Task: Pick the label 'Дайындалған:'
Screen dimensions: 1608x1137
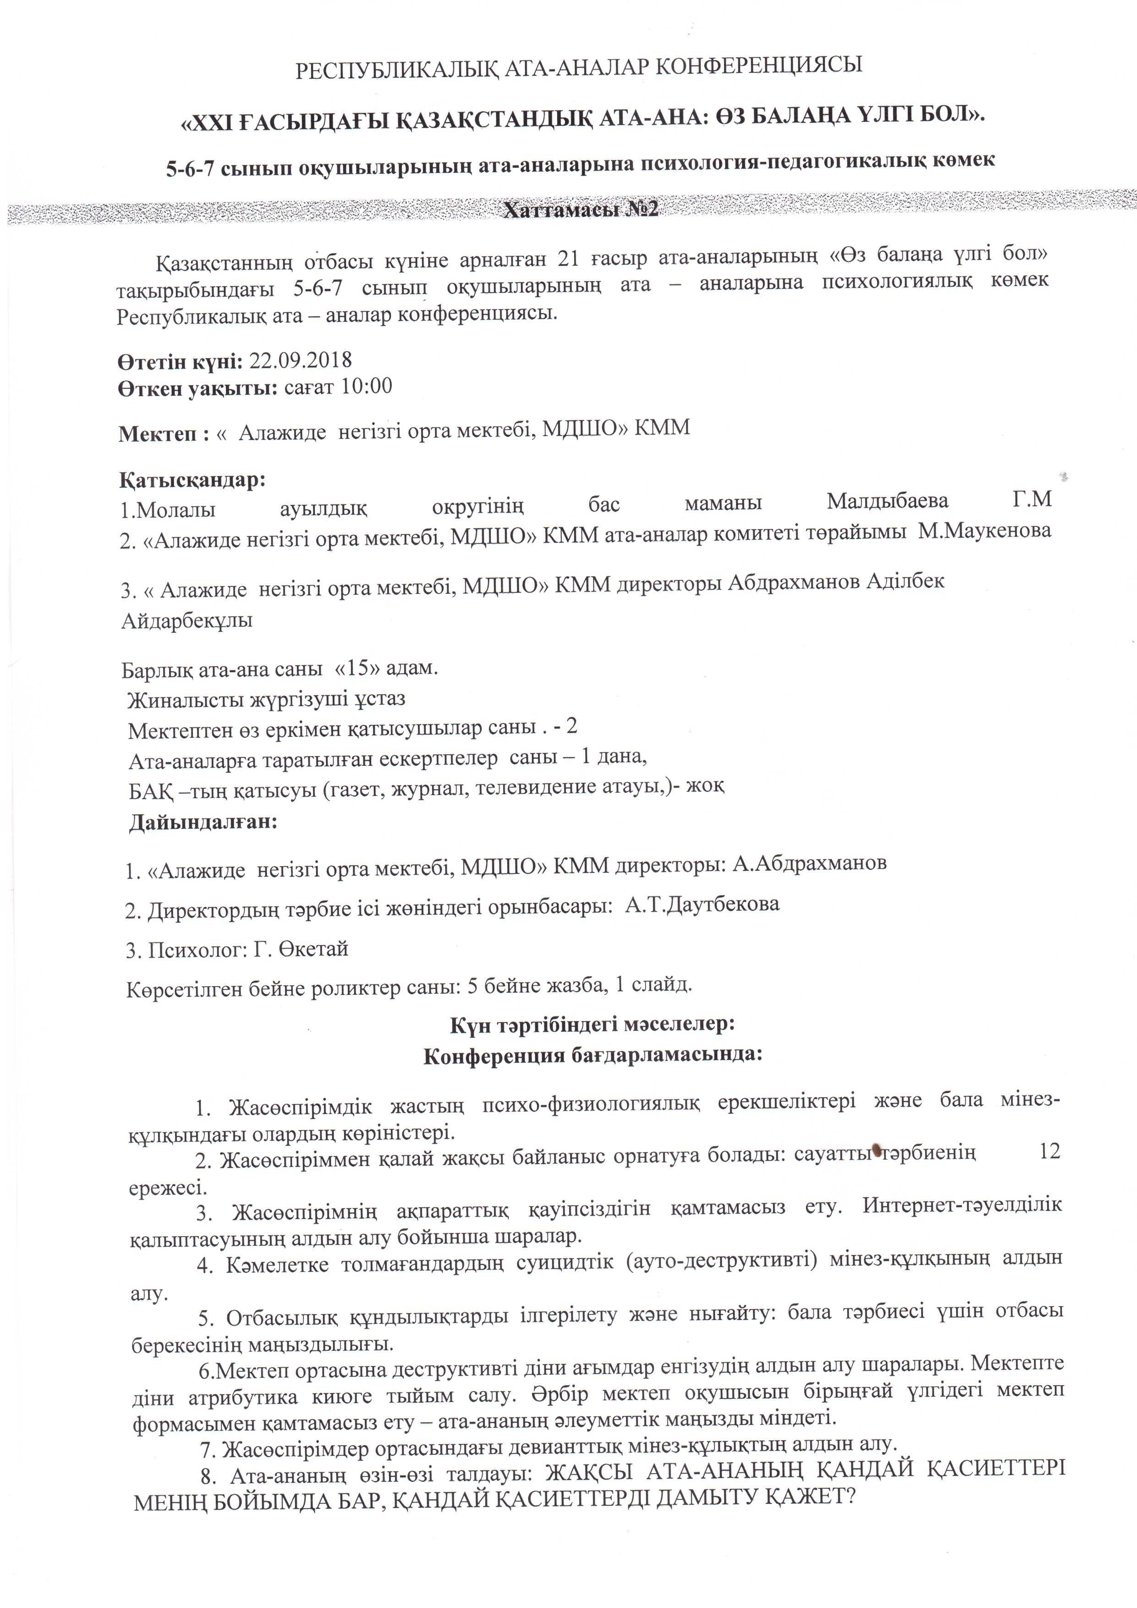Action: [x=203, y=822]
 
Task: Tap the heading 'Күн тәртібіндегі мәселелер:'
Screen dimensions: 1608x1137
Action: [x=592, y=1025]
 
